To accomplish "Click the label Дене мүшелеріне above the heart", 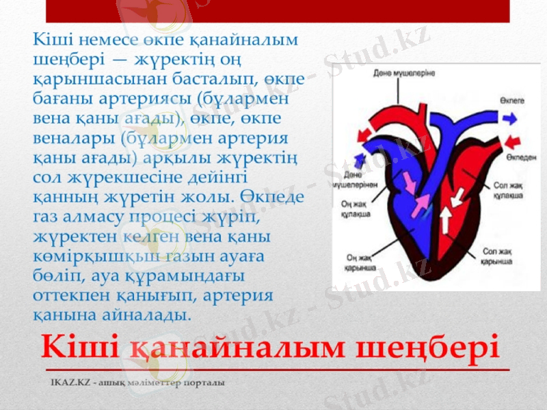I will pos(404,72).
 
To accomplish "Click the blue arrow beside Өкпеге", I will pos(507,118).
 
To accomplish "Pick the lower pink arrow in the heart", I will pos(422,202).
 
